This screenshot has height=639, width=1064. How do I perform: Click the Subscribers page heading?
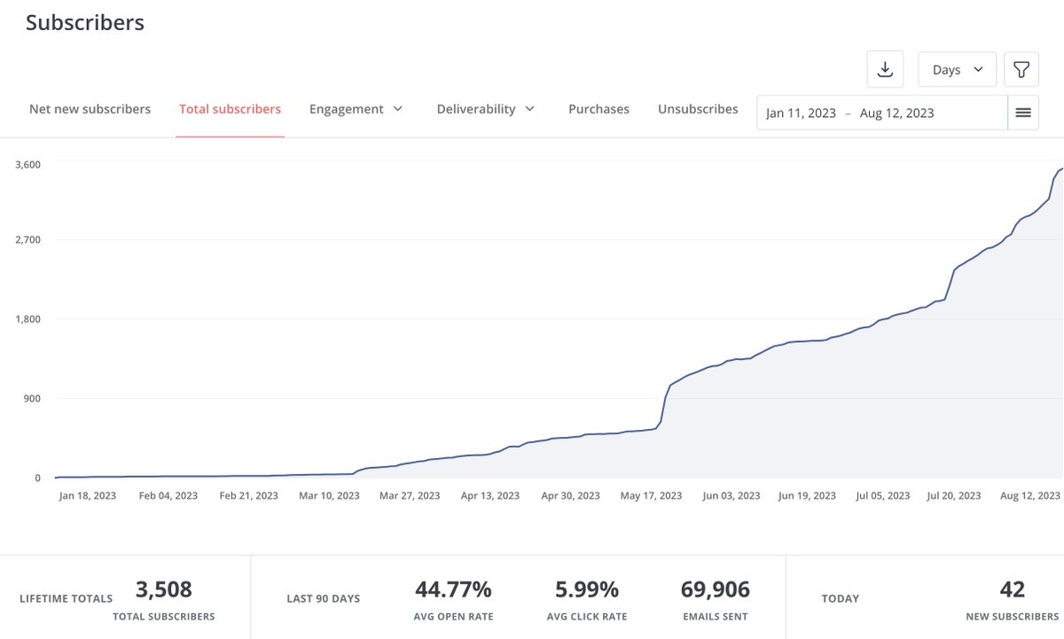point(85,23)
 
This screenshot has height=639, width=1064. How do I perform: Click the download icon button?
point(884,69)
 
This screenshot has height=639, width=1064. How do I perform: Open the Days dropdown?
point(957,69)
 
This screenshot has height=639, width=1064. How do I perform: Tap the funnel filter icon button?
point(1021,69)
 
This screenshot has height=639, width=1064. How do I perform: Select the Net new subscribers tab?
point(90,109)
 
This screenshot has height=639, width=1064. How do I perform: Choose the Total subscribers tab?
point(230,109)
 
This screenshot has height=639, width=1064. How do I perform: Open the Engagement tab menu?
point(356,109)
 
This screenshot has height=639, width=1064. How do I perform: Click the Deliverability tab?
point(485,109)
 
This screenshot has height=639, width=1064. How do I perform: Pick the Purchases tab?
point(598,109)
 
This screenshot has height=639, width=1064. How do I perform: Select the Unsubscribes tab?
point(698,109)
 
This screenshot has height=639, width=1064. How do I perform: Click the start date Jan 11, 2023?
point(801,113)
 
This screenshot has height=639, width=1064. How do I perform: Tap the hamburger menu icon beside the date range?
point(1023,113)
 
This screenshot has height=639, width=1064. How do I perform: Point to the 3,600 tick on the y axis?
point(27,164)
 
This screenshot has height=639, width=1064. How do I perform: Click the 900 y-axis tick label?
point(32,398)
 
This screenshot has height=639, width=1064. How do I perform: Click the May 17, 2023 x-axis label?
point(652,495)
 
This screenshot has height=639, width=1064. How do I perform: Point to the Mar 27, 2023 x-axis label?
point(410,495)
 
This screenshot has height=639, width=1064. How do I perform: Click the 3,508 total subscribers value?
point(163,589)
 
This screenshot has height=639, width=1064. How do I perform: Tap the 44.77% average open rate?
point(453,589)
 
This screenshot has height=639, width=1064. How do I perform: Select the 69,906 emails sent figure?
point(715,589)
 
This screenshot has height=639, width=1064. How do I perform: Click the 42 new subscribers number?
point(1012,589)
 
